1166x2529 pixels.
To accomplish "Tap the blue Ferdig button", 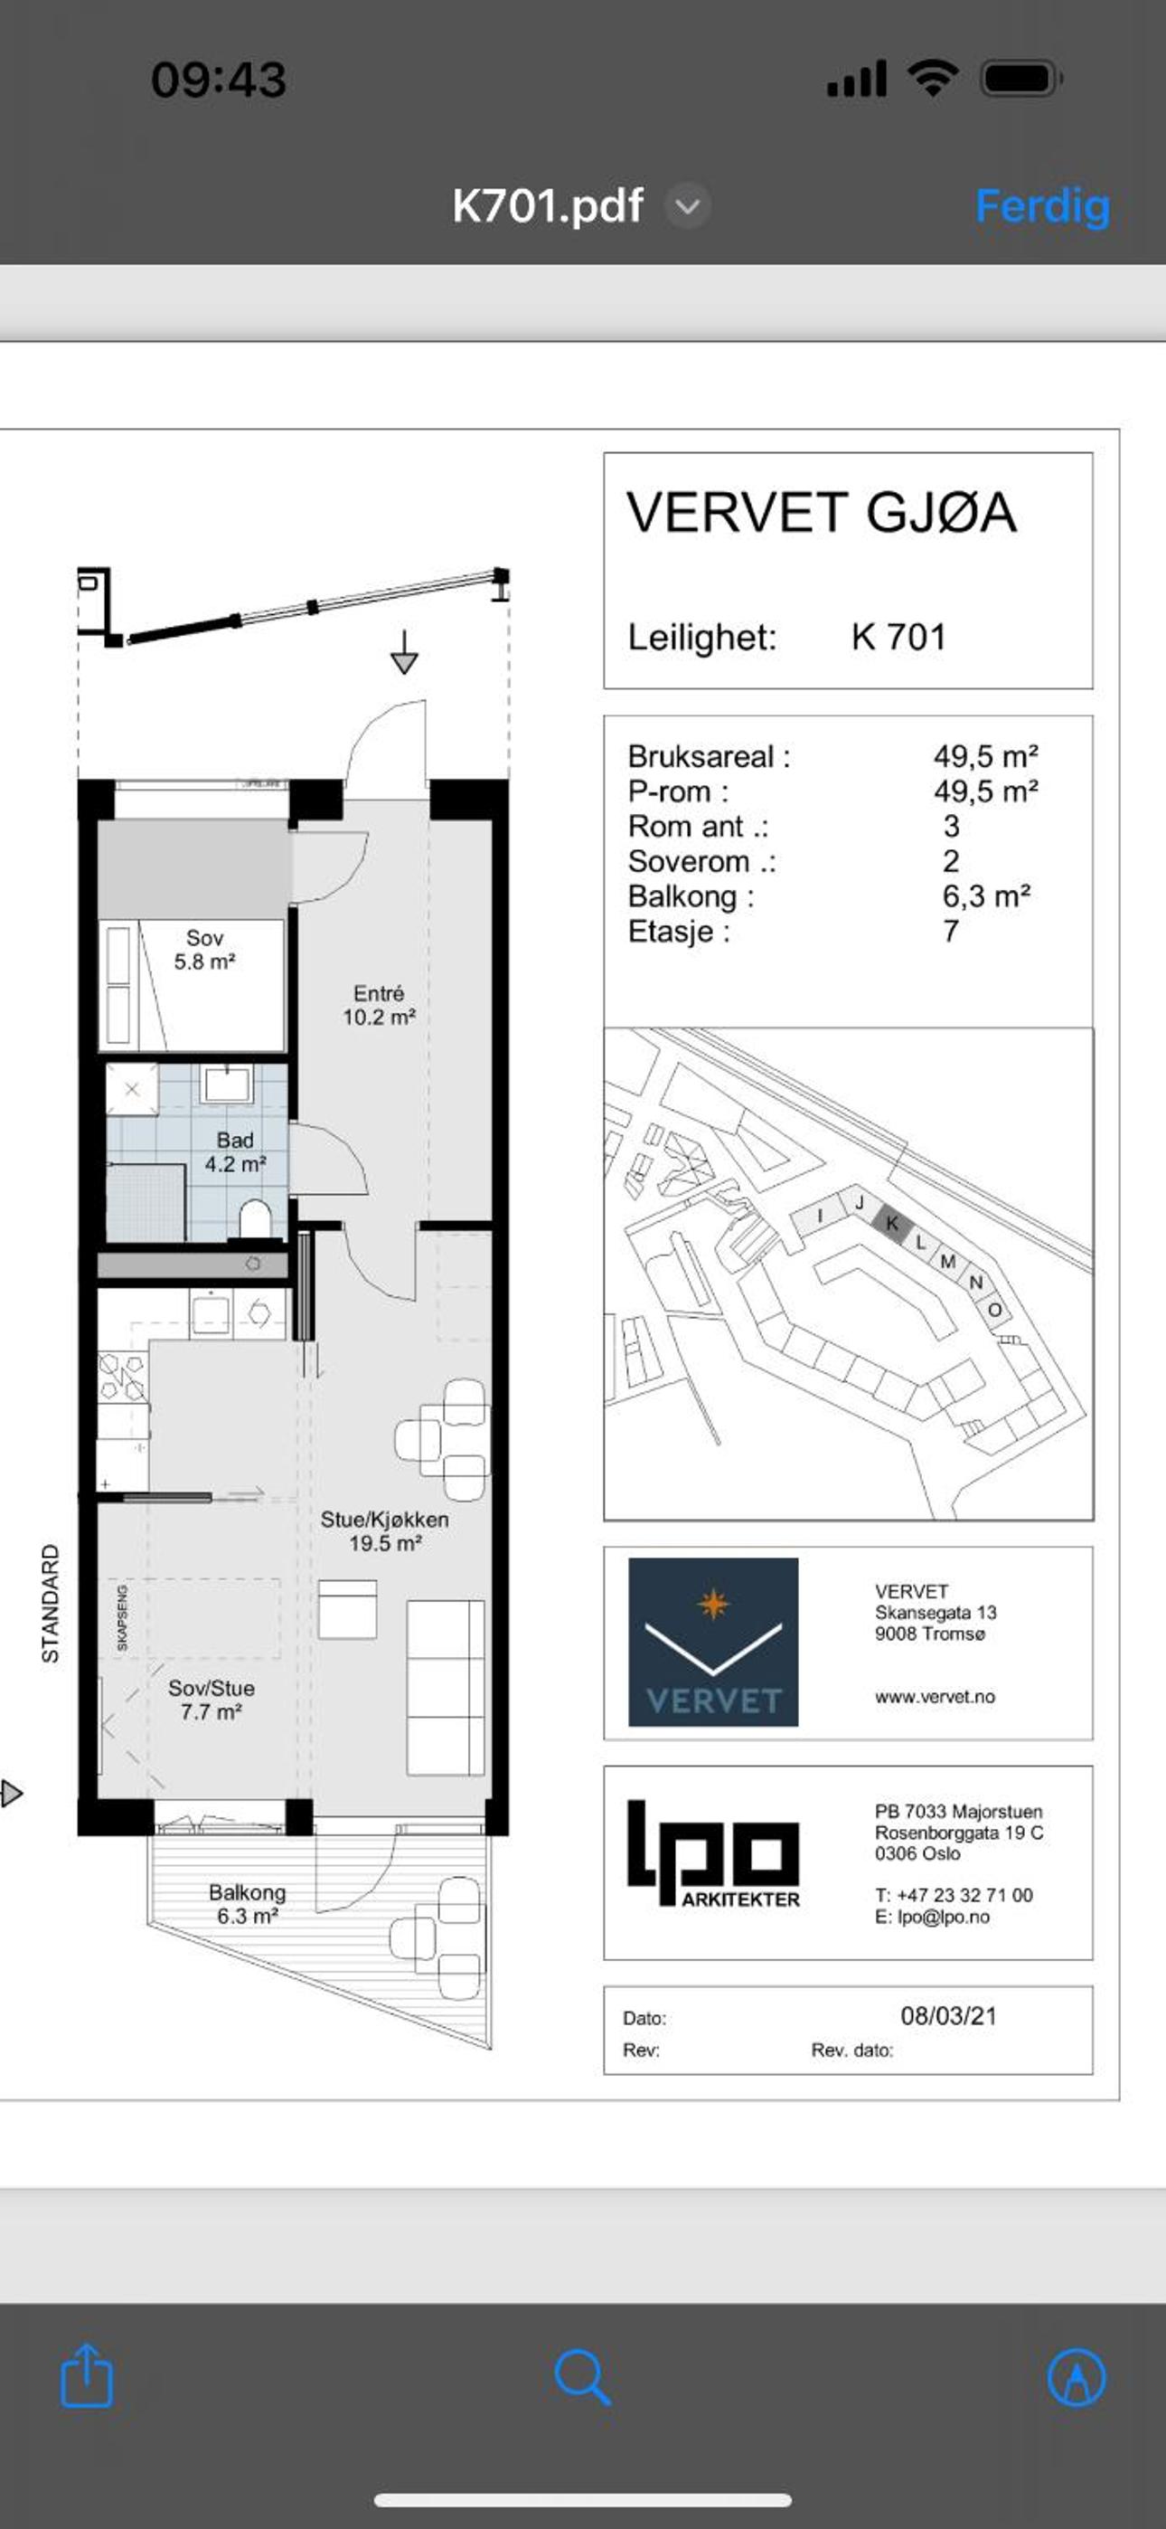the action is click(1042, 207).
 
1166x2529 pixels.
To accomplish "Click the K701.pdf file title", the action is click(548, 206).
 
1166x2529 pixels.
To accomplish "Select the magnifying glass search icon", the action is click(583, 2377).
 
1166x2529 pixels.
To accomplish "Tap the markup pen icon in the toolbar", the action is click(1077, 2378).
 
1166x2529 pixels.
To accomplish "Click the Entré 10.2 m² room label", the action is click(379, 1005).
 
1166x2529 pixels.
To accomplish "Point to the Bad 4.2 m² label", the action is click(236, 1151).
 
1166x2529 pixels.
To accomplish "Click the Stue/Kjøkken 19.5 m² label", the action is click(385, 1530).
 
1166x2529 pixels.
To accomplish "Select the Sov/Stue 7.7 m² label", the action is click(211, 1700).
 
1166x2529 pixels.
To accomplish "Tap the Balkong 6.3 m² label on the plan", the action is click(248, 1904).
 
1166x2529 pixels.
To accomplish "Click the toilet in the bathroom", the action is click(255, 1219).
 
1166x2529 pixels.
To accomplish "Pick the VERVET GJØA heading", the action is click(822, 513).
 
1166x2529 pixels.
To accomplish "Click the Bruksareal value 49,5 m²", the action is click(985, 756).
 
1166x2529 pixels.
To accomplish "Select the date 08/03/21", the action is click(948, 2015).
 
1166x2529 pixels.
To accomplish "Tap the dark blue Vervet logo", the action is click(713, 1642).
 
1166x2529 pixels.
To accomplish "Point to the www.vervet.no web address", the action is click(935, 1697).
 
